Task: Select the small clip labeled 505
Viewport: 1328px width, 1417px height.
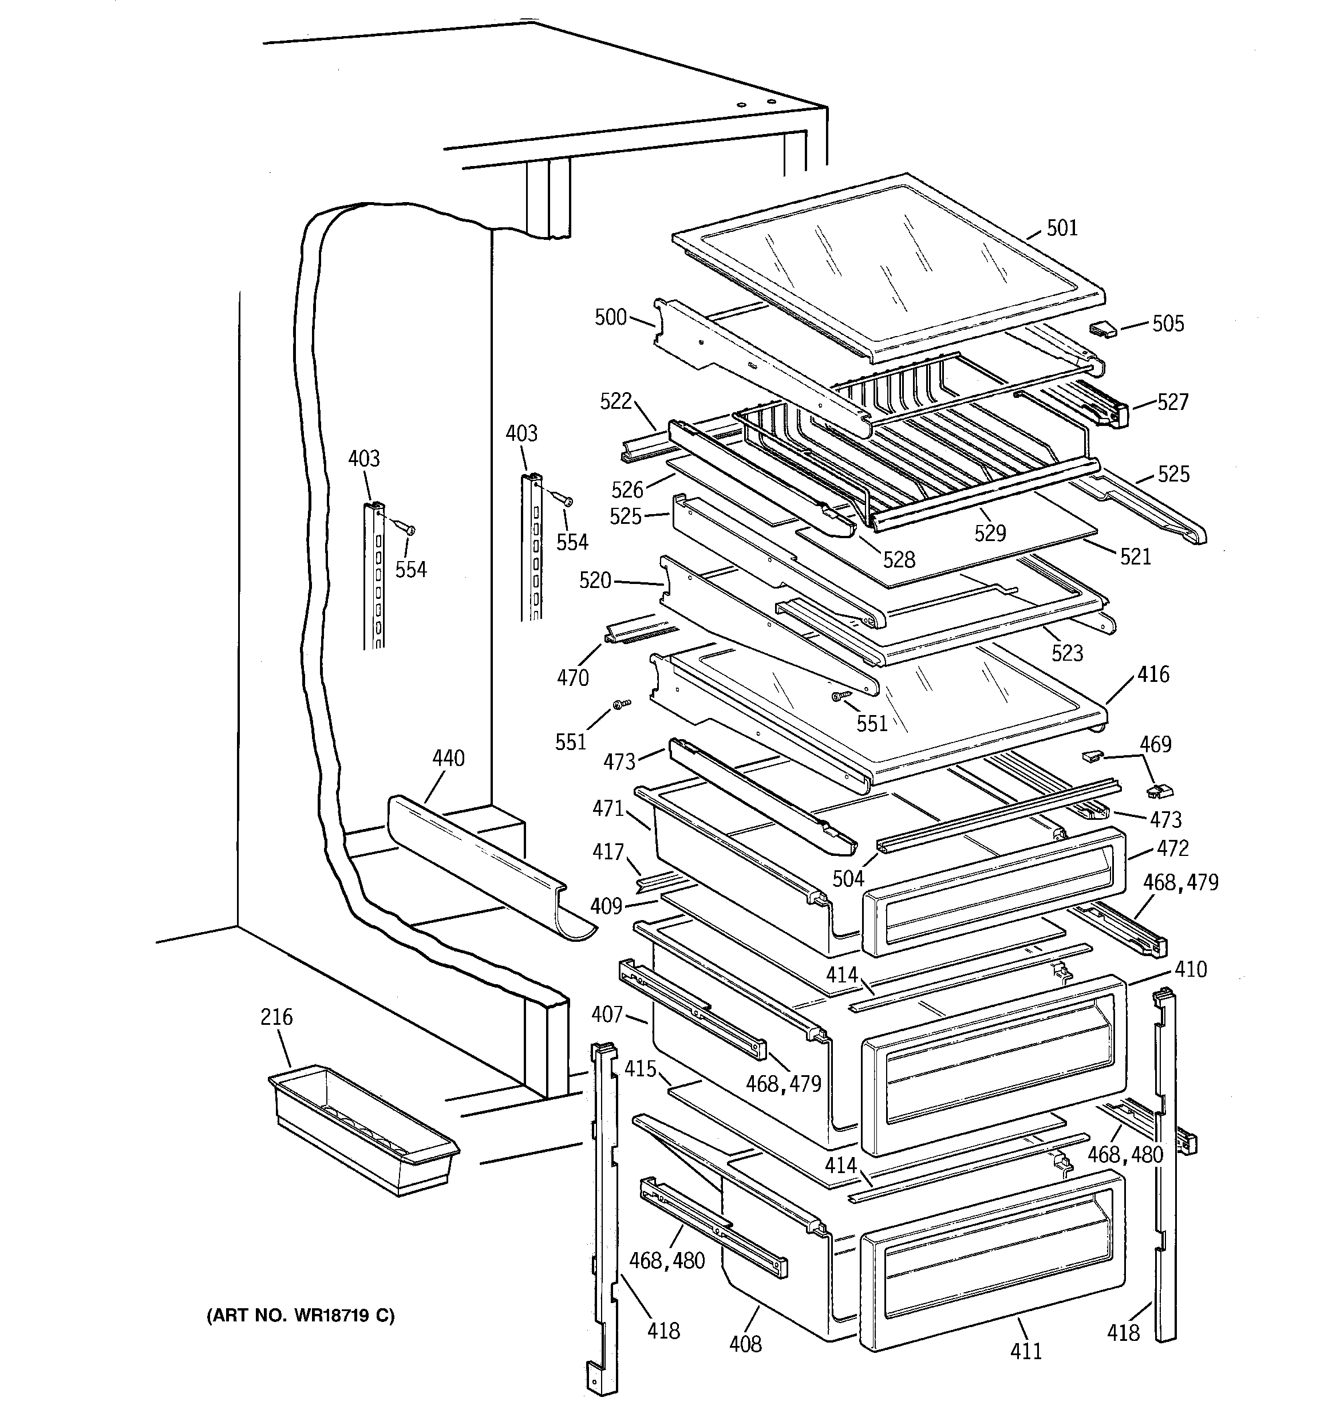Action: [1102, 329]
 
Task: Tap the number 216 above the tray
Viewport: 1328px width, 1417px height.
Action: [276, 1016]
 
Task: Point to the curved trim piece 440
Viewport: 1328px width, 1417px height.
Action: [485, 862]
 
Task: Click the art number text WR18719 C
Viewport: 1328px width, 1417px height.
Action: [300, 1316]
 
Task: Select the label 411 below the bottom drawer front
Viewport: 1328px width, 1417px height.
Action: [1026, 1351]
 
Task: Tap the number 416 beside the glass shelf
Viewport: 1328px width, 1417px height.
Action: [1153, 674]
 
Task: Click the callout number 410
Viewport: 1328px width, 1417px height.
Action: [1191, 969]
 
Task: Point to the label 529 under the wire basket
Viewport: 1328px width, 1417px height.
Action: [990, 532]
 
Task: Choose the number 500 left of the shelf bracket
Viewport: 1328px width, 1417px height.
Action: [610, 317]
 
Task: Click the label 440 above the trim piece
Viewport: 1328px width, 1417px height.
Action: [448, 759]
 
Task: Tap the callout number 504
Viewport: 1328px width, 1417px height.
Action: [848, 879]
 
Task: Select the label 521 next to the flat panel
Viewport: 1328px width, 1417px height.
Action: [1135, 556]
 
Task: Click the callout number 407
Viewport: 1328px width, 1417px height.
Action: [607, 1013]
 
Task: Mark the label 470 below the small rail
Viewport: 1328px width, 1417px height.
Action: [572, 677]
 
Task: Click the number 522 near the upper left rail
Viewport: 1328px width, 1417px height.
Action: [615, 401]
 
